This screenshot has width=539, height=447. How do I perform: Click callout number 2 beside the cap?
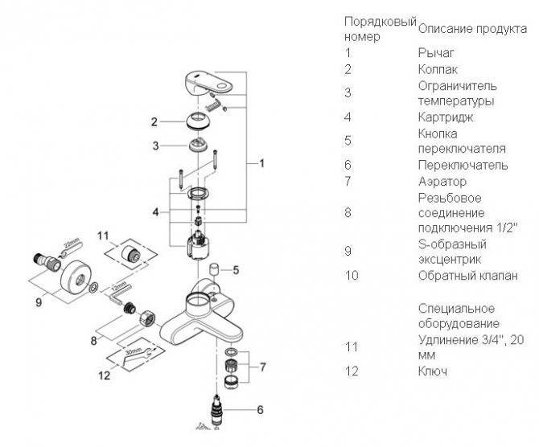click(154, 121)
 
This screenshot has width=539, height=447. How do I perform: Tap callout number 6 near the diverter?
click(260, 409)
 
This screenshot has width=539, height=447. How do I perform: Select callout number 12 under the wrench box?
click(104, 375)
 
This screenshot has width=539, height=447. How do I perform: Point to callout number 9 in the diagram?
click(39, 302)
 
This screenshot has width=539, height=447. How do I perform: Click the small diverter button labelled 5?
click(214, 269)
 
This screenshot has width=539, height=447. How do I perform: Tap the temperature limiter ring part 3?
click(198, 144)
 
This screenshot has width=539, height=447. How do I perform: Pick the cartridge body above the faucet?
click(198, 244)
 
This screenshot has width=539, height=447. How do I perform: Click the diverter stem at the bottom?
click(216, 411)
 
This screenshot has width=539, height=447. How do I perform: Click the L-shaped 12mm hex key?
click(118, 294)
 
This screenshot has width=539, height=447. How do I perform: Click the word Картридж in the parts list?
click(445, 117)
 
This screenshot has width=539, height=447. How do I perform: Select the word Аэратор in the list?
click(442, 181)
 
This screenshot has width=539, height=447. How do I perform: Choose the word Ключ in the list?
click(433, 371)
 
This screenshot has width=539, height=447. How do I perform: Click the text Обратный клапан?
click(467, 276)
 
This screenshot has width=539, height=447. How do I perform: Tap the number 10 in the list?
click(352, 276)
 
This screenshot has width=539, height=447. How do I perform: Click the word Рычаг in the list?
click(436, 52)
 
